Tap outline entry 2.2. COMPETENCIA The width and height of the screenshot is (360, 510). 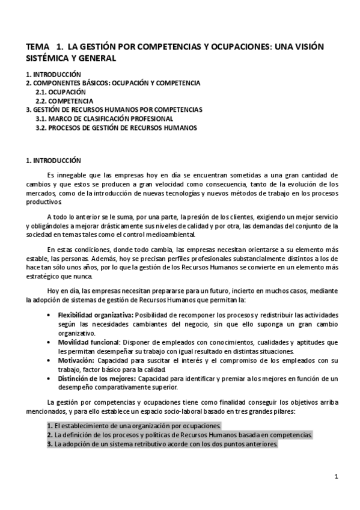click(x=64, y=100)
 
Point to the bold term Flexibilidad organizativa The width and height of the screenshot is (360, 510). click(x=95, y=315)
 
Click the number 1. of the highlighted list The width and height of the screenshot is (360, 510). click(x=49, y=425)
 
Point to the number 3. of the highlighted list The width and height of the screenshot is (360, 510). click(x=49, y=444)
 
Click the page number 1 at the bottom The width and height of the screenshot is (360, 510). click(x=337, y=476)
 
